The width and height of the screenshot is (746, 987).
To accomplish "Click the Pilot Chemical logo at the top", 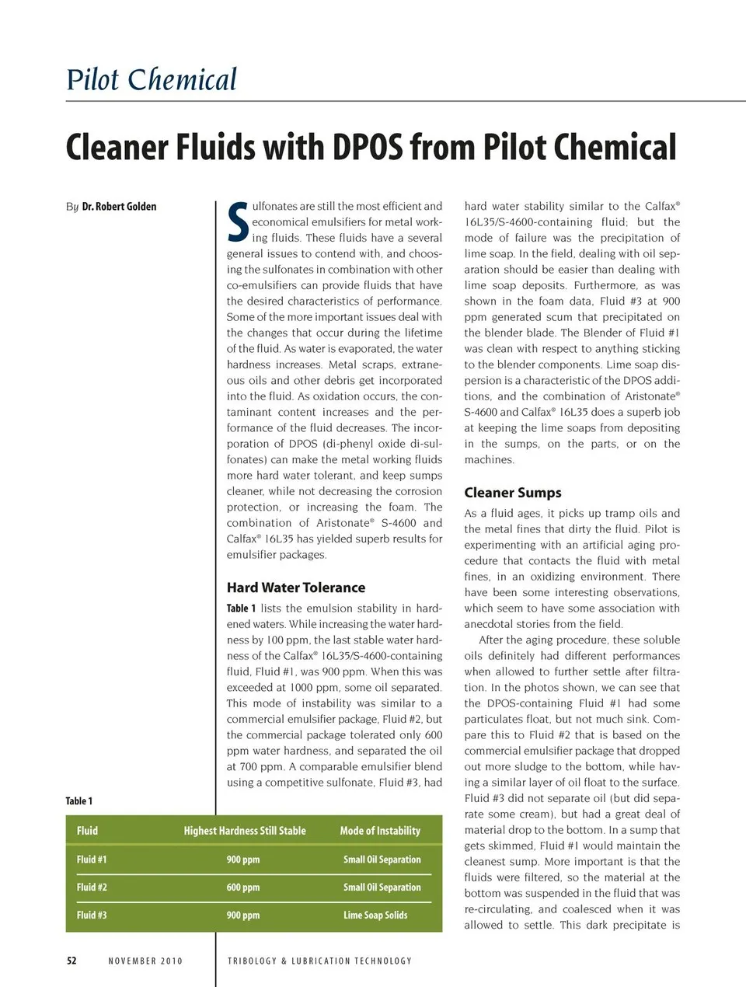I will click(x=152, y=80).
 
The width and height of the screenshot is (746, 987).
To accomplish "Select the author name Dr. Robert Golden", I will click(x=119, y=207).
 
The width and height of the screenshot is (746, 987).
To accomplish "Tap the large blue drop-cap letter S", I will click(x=238, y=222).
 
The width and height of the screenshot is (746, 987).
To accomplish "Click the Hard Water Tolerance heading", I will click(x=295, y=588).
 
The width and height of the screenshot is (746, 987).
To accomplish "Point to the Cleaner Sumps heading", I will click(x=512, y=493).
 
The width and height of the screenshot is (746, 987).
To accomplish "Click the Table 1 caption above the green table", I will click(x=79, y=801).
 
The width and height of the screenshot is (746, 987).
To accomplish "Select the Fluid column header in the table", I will click(x=88, y=831).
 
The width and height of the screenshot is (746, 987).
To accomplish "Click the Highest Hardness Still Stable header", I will click(x=245, y=831).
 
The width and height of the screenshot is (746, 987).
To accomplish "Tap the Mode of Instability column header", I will click(x=380, y=831).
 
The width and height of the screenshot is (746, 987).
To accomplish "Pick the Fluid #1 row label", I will click(x=92, y=860).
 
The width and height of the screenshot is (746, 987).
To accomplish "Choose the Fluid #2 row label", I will click(x=92, y=888).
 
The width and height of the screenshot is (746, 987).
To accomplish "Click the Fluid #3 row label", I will click(x=92, y=916).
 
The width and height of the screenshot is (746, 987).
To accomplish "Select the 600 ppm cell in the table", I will click(x=243, y=888).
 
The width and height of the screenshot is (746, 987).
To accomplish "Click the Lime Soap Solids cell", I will click(x=375, y=916).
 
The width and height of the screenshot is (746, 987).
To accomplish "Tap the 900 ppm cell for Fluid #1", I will click(x=243, y=860).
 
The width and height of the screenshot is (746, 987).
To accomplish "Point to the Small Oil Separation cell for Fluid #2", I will click(x=382, y=888).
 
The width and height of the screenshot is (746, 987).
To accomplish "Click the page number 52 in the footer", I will click(x=71, y=961).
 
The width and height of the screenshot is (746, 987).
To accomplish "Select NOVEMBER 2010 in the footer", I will click(x=145, y=961).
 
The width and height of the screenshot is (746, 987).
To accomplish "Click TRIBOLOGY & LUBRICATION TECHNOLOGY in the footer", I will click(x=319, y=961).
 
